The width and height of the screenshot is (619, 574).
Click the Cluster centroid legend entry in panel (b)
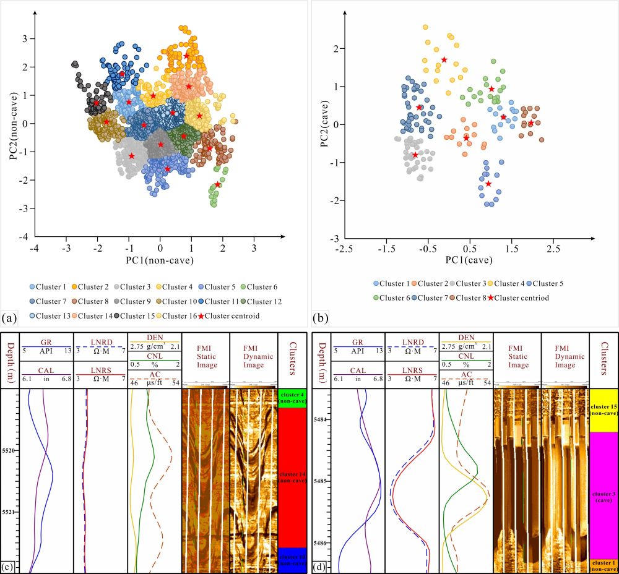pos(517,298)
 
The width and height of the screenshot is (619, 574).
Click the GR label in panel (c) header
pos(46,341)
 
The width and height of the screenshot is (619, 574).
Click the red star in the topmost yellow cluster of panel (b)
pos(444,60)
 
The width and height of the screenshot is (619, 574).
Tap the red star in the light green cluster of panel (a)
pos(218,184)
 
